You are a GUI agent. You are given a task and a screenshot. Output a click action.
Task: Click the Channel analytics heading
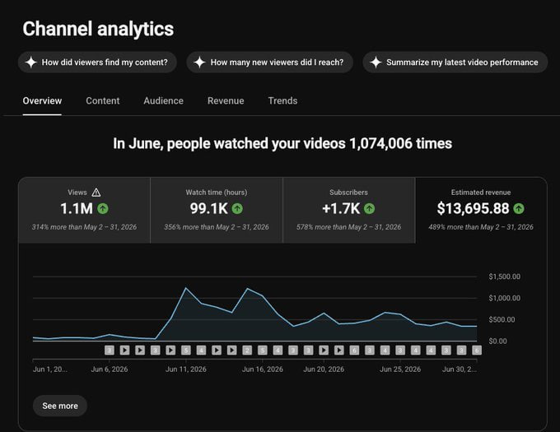click(x=98, y=29)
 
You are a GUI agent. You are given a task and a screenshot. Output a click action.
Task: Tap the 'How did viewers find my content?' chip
click(x=97, y=63)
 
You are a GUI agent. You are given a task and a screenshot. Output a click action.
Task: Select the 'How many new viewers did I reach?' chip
click(x=269, y=63)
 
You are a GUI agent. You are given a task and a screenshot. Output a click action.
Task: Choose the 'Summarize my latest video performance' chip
click(x=455, y=63)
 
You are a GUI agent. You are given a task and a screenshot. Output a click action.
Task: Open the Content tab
click(x=102, y=101)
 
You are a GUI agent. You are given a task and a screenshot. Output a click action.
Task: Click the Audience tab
click(x=164, y=101)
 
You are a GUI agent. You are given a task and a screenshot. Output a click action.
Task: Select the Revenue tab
click(x=226, y=101)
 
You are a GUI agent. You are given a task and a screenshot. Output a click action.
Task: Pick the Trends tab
click(x=282, y=101)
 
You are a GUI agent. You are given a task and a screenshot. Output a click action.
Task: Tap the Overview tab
click(x=42, y=101)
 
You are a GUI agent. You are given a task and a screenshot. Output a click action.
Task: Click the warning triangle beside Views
click(x=96, y=193)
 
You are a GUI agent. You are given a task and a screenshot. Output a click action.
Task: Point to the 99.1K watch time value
click(x=208, y=209)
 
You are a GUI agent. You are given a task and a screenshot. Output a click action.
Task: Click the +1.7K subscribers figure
click(x=341, y=209)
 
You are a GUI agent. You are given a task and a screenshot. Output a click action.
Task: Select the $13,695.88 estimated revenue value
click(x=473, y=209)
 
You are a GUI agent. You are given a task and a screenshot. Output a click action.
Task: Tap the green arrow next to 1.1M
click(x=103, y=209)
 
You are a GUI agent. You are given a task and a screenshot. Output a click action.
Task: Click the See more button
click(x=60, y=406)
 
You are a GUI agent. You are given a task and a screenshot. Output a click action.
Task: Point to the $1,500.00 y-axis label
click(x=504, y=276)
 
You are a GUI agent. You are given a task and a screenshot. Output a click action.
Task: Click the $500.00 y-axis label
click(x=502, y=319)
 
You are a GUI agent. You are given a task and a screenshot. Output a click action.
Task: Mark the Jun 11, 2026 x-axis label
click(x=186, y=369)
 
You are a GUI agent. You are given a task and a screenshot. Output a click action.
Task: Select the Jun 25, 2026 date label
click(x=400, y=369)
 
